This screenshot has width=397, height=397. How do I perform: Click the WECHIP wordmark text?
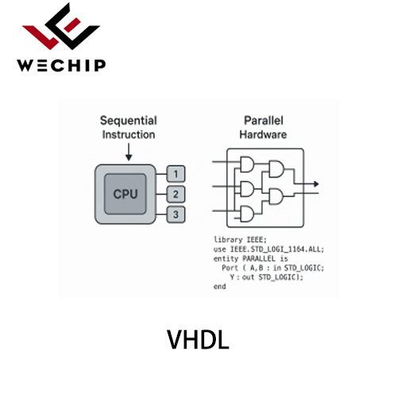tap(61, 65)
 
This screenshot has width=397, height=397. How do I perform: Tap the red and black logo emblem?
tap(61, 26)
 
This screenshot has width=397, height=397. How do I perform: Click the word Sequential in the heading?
tap(129, 121)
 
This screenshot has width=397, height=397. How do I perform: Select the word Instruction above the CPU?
tap(129, 135)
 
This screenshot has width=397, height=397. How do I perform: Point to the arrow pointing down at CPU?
tap(129, 152)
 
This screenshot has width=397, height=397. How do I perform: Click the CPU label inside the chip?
tap(125, 194)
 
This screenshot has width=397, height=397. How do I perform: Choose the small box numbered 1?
tap(175, 174)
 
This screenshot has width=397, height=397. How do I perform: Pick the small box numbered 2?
tap(175, 195)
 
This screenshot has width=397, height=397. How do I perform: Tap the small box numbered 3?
tap(175, 214)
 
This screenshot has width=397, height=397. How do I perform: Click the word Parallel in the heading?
tap(264, 121)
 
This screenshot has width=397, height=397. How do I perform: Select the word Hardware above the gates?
tap(263, 135)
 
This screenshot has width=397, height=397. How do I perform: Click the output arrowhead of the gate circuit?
tap(316, 184)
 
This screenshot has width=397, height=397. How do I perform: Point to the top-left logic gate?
tap(247, 164)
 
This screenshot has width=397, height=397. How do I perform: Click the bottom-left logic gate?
tap(247, 214)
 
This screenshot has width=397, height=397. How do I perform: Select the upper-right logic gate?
tap(276, 169)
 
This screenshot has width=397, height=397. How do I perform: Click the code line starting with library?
tap(240, 240)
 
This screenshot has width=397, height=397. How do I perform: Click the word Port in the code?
tap(230, 268)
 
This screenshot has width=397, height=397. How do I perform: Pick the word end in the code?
tap(220, 287)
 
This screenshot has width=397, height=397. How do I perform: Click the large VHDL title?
tap(198, 340)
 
